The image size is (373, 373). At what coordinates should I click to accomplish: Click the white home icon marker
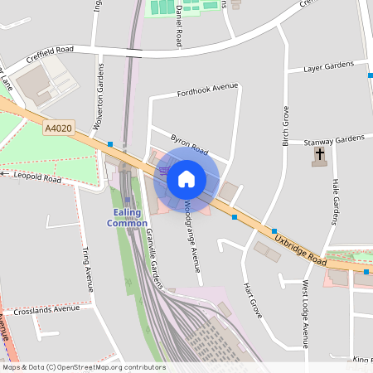click(186, 178)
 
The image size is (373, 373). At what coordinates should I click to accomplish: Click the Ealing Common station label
click(128, 217)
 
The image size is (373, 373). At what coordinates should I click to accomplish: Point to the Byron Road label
click(189, 145)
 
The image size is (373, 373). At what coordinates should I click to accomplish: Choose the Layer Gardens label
click(328, 66)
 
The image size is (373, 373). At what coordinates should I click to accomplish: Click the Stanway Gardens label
click(334, 139)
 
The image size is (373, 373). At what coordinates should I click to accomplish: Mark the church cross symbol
click(320, 154)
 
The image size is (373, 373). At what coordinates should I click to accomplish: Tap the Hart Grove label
click(252, 299)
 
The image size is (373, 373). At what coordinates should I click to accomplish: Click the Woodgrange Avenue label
click(192, 236)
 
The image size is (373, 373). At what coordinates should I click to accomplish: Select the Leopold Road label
click(36, 177)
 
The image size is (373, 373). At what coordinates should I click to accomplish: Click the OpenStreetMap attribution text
click(83, 367)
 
